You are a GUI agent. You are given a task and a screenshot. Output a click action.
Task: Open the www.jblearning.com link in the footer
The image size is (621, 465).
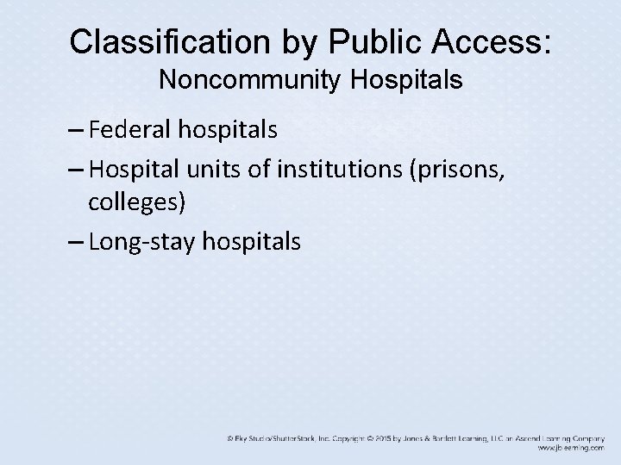pyautogui.click(x=570, y=449)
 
